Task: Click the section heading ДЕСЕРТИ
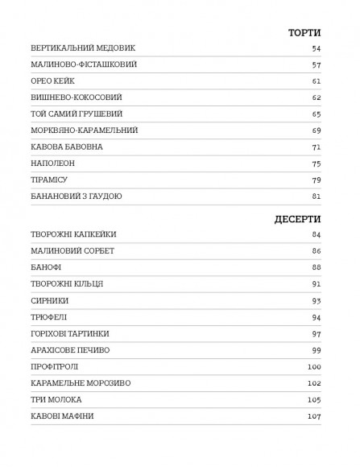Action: [296, 218]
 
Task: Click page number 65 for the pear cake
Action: [317, 114]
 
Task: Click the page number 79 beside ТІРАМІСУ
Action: [317, 180]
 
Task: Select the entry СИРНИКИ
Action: [48, 300]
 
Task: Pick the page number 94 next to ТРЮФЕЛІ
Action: [317, 317]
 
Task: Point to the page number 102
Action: [314, 383]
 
